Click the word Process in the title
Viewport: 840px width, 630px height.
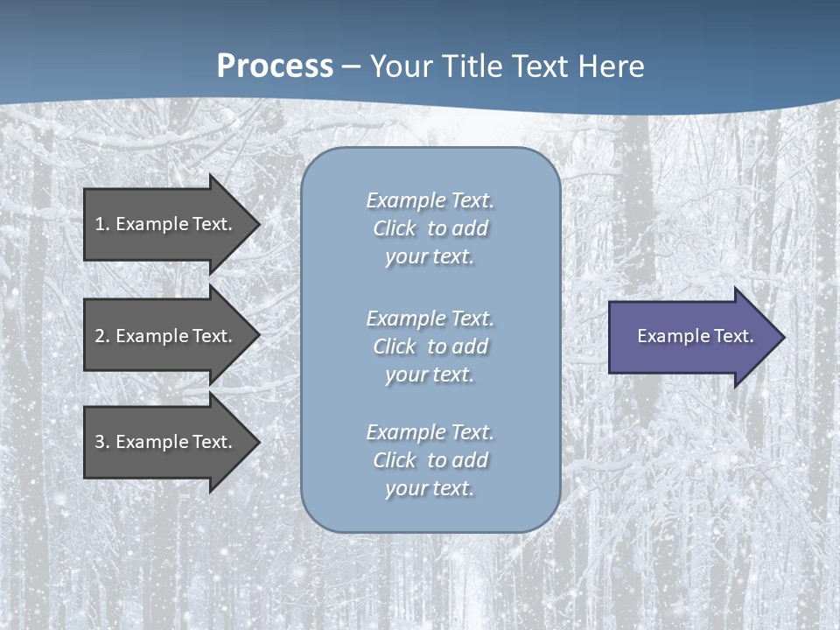click(x=275, y=66)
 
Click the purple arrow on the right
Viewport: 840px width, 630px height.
click(x=691, y=336)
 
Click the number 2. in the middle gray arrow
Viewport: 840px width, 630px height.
click(x=101, y=336)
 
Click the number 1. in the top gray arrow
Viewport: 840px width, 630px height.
click(x=101, y=224)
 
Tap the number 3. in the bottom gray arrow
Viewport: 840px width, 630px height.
click(x=101, y=442)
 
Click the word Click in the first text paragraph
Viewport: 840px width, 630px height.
click(x=395, y=228)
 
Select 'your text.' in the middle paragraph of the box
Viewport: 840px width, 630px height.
click(x=430, y=374)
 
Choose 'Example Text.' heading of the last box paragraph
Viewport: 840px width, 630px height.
click(x=430, y=431)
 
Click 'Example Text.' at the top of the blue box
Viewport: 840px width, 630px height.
click(x=430, y=200)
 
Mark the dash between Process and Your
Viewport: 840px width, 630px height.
click(x=352, y=66)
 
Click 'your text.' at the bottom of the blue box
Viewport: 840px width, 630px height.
click(x=430, y=488)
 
